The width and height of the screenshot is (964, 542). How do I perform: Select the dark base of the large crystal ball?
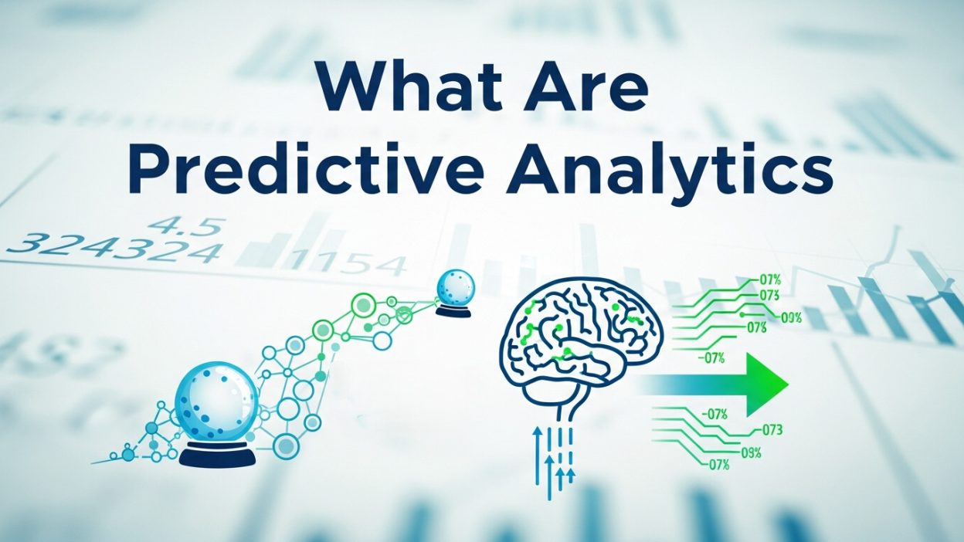point(217,456)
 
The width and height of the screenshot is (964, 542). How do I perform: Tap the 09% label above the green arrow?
point(791,317)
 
